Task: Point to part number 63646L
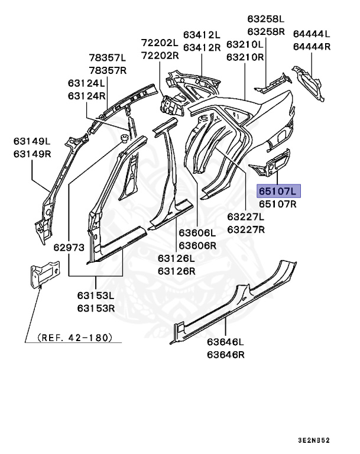tap(225, 342)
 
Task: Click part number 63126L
tap(176, 258)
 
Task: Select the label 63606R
tap(198, 245)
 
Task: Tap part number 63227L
tap(247, 216)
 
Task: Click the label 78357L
tap(108, 58)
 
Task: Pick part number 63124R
tap(86, 96)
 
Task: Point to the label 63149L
tap(33, 141)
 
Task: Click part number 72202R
tap(160, 56)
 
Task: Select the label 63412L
tap(202, 34)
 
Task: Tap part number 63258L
tap(266, 18)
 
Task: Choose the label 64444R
tap(312, 47)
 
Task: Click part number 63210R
tap(245, 57)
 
